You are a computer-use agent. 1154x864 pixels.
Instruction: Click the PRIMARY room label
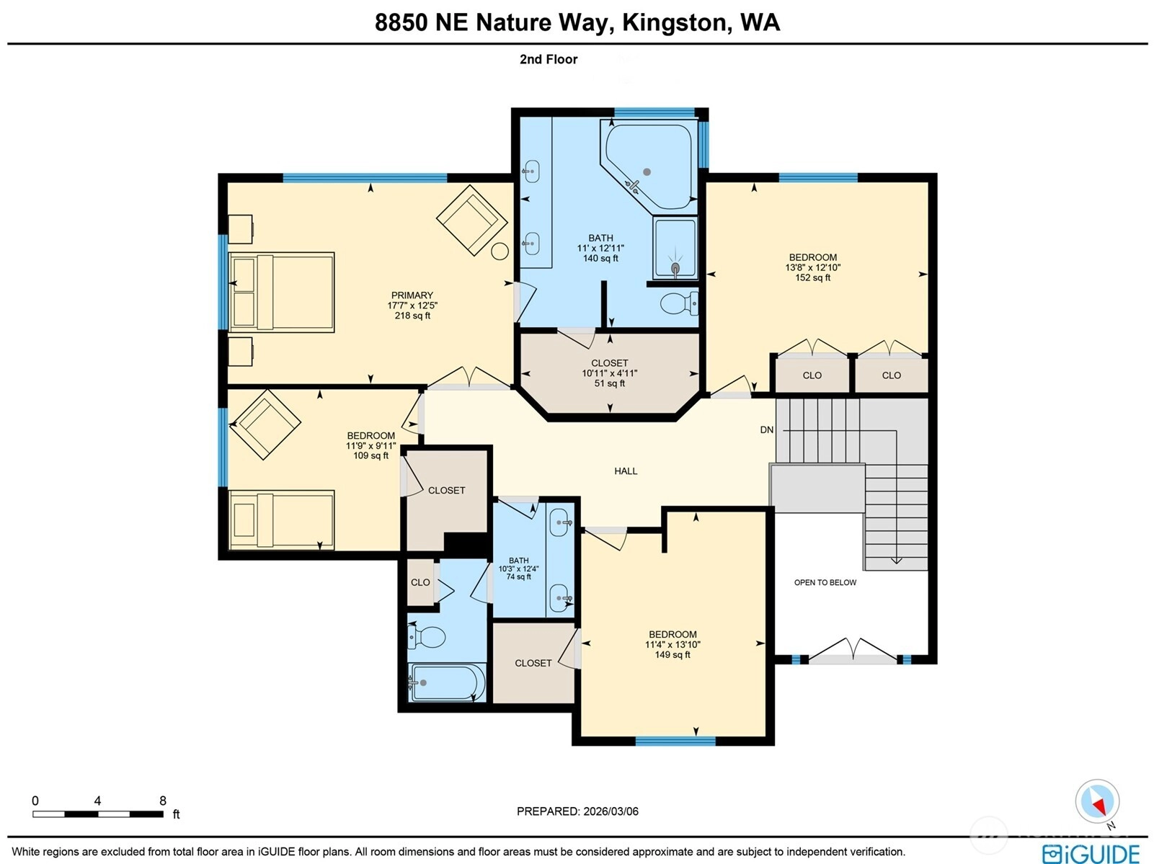[x=412, y=295]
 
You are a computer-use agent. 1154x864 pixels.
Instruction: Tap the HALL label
[x=626, y=471]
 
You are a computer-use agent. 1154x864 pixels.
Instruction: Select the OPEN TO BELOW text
[x=825, y=582]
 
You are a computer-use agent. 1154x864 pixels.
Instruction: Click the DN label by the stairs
[x=766, y=430]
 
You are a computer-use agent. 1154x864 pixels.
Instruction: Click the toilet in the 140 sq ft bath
[x=679, y=303]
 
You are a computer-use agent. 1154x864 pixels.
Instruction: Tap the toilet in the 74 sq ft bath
[x=427, y=638]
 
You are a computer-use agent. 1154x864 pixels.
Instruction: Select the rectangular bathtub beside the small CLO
[x=447, y=682]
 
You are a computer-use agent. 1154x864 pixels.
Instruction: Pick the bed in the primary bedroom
[x=281, y=293]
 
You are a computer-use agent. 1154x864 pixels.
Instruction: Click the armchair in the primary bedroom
[x=471, y=221]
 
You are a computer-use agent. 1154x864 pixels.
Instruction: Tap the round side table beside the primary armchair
[x=500, y=251]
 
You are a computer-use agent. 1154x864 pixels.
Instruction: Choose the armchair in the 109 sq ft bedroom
[x=265, y=424]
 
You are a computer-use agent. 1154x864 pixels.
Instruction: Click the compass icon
[x=1097, y=801]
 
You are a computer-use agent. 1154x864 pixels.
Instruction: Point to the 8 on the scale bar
[x=163, y=801]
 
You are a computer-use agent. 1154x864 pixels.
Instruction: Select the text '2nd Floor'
[x=549, y=59]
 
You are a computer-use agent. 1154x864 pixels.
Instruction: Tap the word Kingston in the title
[x=678, y=22]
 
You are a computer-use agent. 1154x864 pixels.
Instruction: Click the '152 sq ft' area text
[x=813, y=277]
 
